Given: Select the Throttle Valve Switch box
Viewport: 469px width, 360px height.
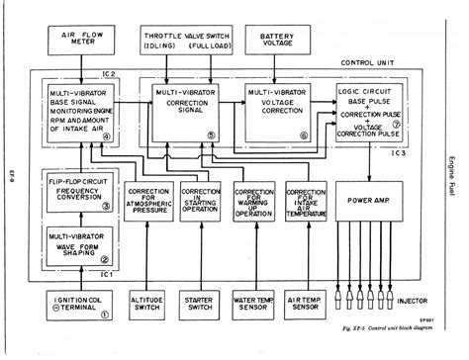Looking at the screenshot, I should [188, 39].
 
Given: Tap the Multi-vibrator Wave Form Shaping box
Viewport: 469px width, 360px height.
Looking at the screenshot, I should [77, 243].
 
